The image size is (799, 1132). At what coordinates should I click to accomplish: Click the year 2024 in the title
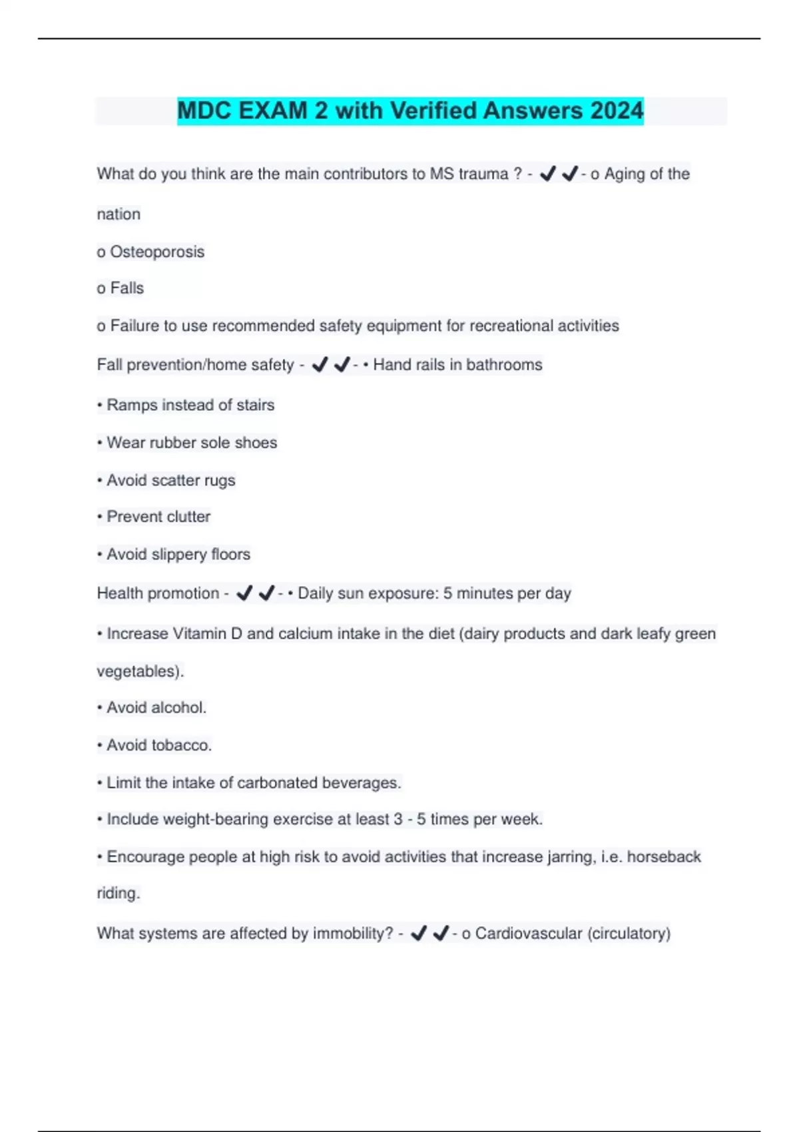[617, 111]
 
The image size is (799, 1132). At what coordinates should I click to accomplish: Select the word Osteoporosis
[157, 252]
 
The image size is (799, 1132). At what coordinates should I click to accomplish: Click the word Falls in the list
[127, 288]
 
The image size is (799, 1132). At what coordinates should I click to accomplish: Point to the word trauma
[483, 174]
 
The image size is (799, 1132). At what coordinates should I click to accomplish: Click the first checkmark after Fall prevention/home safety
[320, 365]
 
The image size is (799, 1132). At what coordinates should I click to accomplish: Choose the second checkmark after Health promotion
[266, 593]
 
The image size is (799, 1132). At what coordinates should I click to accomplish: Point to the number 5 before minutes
[448, 593]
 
